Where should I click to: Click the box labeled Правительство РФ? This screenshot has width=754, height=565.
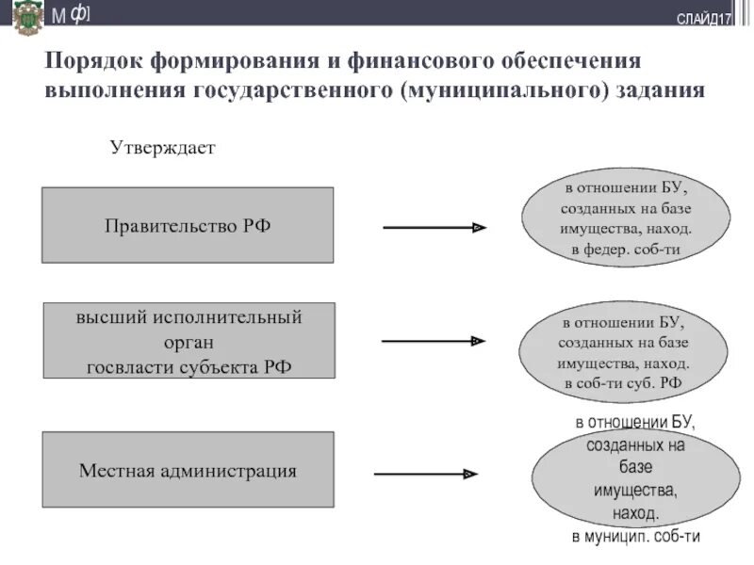click(188, 225)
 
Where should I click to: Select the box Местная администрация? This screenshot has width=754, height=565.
click(188, 470)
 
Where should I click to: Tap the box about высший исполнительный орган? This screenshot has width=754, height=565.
click(188, 341)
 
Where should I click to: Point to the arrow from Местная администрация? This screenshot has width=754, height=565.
click(426, 475)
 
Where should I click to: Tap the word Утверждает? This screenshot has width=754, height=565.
click(163, 149)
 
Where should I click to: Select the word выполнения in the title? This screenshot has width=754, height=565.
click(114, 90)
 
